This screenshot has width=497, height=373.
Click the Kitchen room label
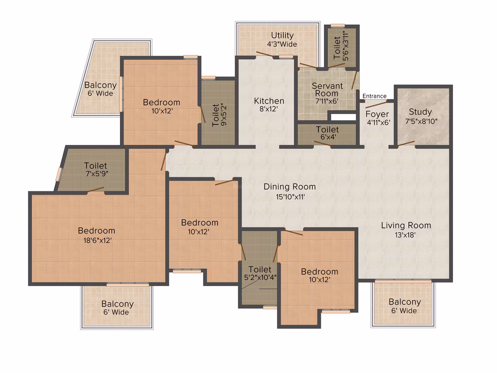[269, 101]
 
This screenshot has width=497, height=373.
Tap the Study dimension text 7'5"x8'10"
[421, 121]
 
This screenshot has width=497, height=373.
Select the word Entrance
[374, 96]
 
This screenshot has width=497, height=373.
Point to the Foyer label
[377, 114]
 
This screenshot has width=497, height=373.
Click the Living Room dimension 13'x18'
[405, 235]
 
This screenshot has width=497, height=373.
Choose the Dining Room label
[290, 187]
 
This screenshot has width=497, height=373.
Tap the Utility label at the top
[282, 35]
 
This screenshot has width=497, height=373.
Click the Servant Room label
[327, 90]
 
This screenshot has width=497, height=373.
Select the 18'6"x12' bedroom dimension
[97, 241]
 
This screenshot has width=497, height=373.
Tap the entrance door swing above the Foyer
[376, 105]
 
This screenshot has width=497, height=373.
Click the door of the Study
[406, 143]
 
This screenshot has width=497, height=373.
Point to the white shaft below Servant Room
[343, 117]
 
